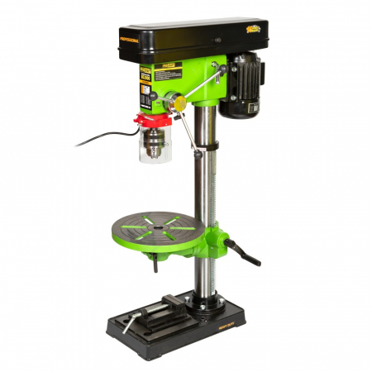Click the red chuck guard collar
click(150, 121)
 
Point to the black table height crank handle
click(246, 254)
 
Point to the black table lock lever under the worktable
click(154, 263)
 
